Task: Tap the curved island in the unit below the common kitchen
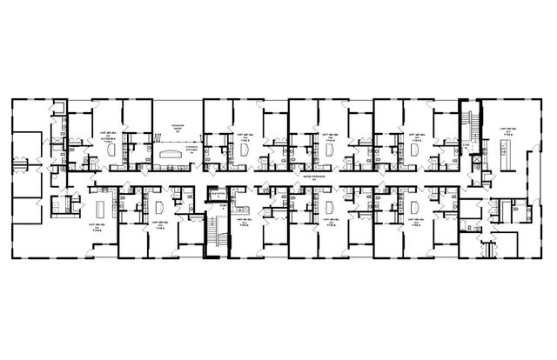159,208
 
